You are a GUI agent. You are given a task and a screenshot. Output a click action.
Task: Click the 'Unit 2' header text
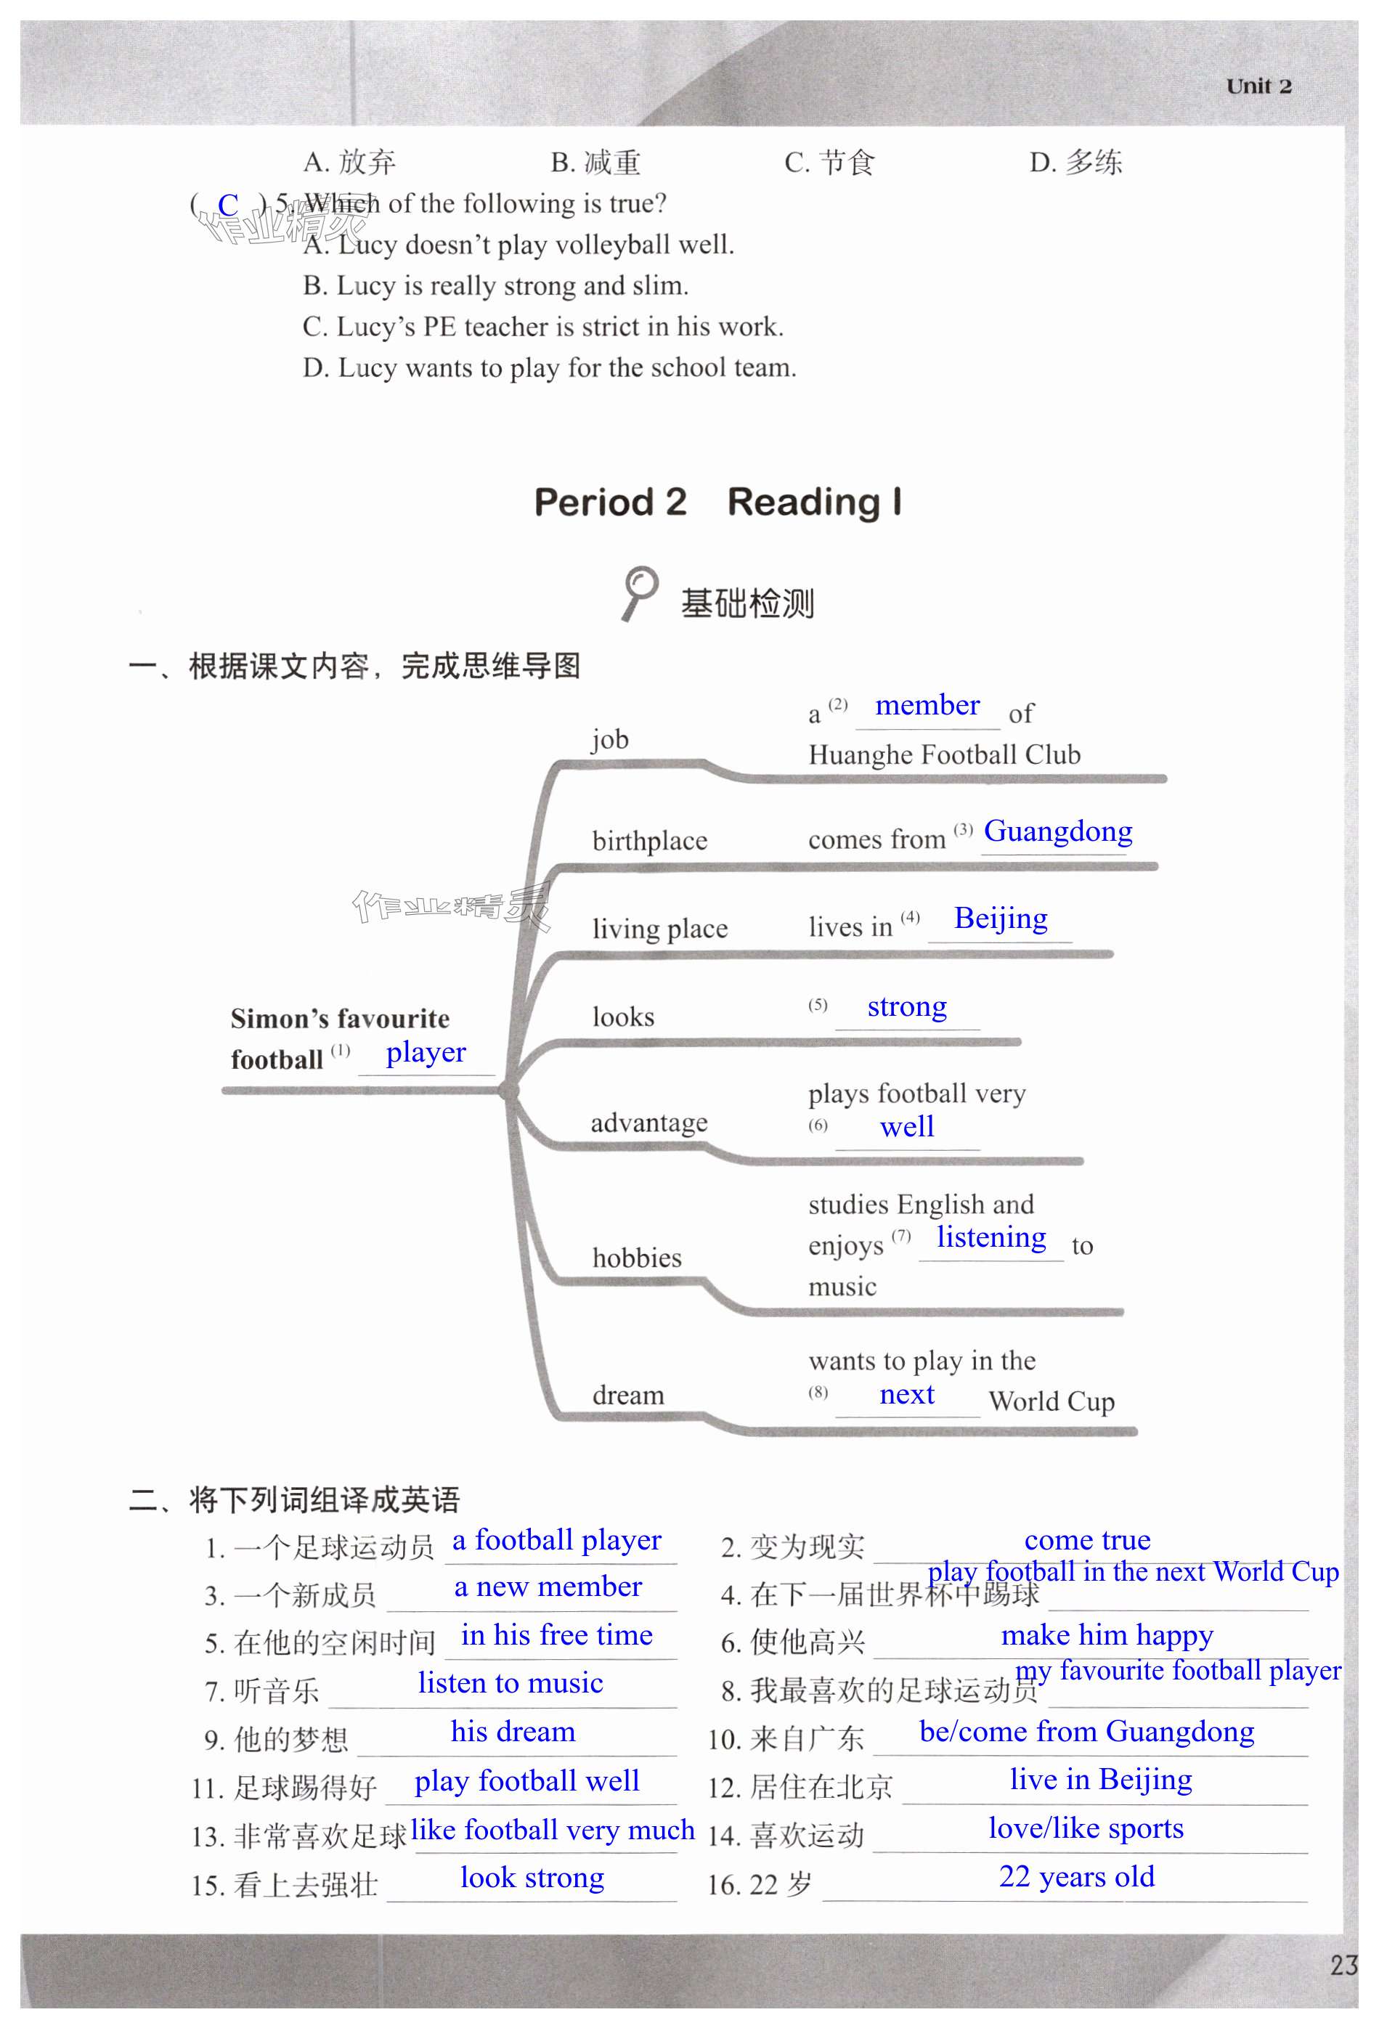click(1258, 86)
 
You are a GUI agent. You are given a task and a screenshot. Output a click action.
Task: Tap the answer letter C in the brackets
click(228, 205)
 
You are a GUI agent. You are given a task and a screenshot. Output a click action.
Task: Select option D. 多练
click(1075, 163)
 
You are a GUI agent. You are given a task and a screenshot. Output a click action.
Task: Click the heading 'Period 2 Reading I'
click(717, 502)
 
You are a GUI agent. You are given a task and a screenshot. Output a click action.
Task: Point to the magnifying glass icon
click(640, 592)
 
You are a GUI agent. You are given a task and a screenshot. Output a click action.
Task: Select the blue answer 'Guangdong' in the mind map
click(1058, 831)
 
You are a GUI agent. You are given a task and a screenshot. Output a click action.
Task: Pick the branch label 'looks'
click(623, 1017)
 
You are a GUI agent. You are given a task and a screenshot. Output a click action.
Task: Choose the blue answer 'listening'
click(990, 1237)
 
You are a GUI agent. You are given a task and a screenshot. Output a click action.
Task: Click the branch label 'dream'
click(627, 1396)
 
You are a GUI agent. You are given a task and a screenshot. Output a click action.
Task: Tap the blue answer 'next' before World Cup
click(907, 1394)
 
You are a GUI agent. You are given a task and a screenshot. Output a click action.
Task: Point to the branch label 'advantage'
click(648, 1123)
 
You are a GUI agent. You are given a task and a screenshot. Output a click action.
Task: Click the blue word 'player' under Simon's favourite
click(426, 1052)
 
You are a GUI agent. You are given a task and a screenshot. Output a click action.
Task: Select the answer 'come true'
click(1086, 1540)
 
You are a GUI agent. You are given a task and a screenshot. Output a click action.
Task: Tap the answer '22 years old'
click(1076, 1876)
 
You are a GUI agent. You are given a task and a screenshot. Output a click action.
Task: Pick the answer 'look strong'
click(532, 1877)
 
